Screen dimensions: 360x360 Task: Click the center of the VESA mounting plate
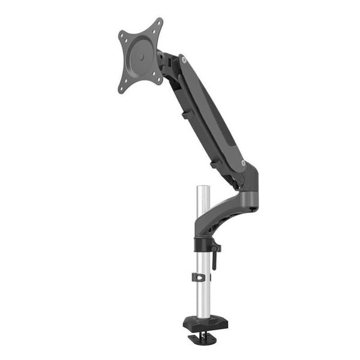140,55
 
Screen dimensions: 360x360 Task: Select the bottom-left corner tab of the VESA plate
122,89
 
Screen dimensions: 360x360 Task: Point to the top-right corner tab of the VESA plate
158,22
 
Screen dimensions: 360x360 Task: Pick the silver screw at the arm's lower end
243,163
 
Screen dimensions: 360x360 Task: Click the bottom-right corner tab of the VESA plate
158,78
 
